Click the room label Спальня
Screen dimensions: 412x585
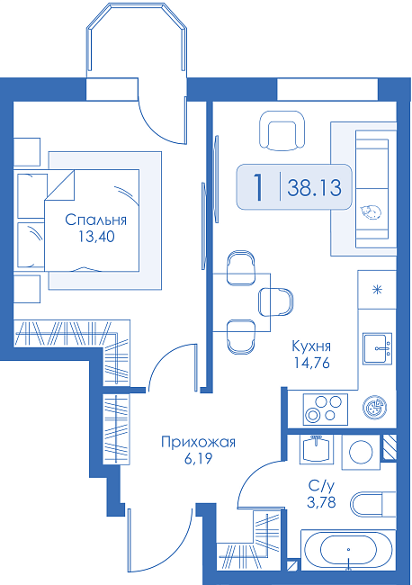coord(96,220)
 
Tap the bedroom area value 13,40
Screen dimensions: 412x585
coord(96,236)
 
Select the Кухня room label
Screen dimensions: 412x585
coord(311,346)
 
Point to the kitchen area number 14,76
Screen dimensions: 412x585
coord(312,363)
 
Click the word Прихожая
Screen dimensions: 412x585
coord(199,443)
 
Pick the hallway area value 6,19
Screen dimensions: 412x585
coord(199,458)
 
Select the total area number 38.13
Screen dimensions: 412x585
coord(314,187)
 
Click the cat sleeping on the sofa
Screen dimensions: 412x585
coord(371,211)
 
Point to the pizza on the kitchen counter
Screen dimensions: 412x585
coord(374,406)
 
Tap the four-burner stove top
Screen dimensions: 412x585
coord(326,409)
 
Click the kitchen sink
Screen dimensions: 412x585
coord(377,348)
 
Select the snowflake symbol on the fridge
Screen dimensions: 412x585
coord(378,290)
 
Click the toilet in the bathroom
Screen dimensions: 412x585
coord(373,505)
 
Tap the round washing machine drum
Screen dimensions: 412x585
coord(361,452)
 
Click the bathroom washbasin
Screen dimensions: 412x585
coord(317,448)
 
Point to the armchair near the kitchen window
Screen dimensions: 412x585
coord(282,131)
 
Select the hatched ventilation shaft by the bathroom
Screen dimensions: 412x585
coord(390,447)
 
